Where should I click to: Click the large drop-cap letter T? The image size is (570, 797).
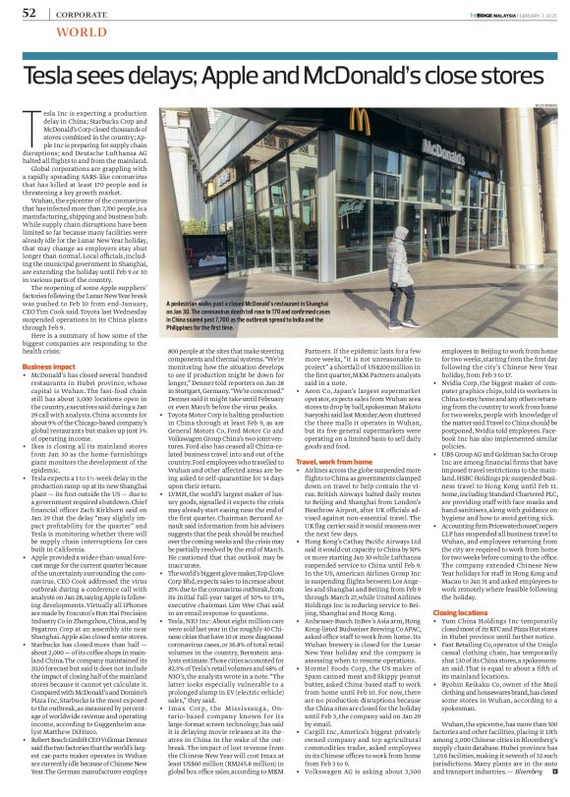tap(28, 121)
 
